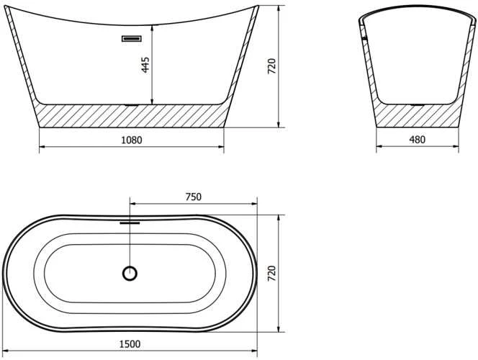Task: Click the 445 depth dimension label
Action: pyautogui.click(x=145, y=65)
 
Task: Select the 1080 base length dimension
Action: pyautogui.click(x=132, y=140)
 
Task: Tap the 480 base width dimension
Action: pyautogui.click(x=417, y=139)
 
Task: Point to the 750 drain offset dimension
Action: pyautogui.click(x=194, y=197)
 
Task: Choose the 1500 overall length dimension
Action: pyautogui.click(x=130, y=344)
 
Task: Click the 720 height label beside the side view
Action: pyautogui.click(x=271, y=66)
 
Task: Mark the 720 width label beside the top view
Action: pyautogui.click(x=271, y=274)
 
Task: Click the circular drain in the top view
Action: pyautogui.click(x=130, y=274)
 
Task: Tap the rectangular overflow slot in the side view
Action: pyautogui.click(x=132, y=38)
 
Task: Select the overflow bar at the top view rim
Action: pyautogui.click(x=130, y=222)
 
